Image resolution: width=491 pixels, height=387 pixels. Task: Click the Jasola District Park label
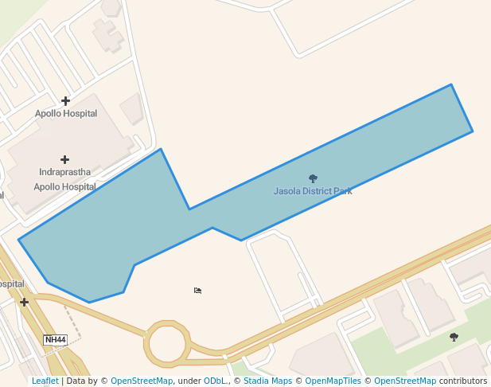313,191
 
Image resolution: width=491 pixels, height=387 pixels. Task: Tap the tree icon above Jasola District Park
313,179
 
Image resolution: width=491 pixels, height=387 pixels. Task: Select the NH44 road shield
55,340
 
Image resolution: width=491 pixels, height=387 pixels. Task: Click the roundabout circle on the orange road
166,344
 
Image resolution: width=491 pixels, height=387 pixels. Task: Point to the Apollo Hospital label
66,114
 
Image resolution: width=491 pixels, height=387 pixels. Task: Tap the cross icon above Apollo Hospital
65,101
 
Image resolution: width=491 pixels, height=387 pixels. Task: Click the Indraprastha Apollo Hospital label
64,179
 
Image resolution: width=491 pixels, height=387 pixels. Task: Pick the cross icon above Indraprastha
64,160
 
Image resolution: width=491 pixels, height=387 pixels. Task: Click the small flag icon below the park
197,291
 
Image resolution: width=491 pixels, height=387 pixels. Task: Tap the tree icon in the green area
454,337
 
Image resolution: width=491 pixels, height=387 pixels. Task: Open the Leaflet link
45,381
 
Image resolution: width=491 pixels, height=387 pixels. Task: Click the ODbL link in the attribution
215,381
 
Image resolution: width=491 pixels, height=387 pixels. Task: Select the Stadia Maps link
267,381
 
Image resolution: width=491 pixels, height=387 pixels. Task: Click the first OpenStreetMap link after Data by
141,381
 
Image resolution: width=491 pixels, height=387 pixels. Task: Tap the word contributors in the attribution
463,381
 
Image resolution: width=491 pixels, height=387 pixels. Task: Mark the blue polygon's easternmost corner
473,131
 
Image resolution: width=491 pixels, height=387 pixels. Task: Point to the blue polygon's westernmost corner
18,240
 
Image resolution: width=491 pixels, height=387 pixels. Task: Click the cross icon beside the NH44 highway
25,302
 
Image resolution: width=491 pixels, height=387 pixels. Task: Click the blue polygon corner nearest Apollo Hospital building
161,149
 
